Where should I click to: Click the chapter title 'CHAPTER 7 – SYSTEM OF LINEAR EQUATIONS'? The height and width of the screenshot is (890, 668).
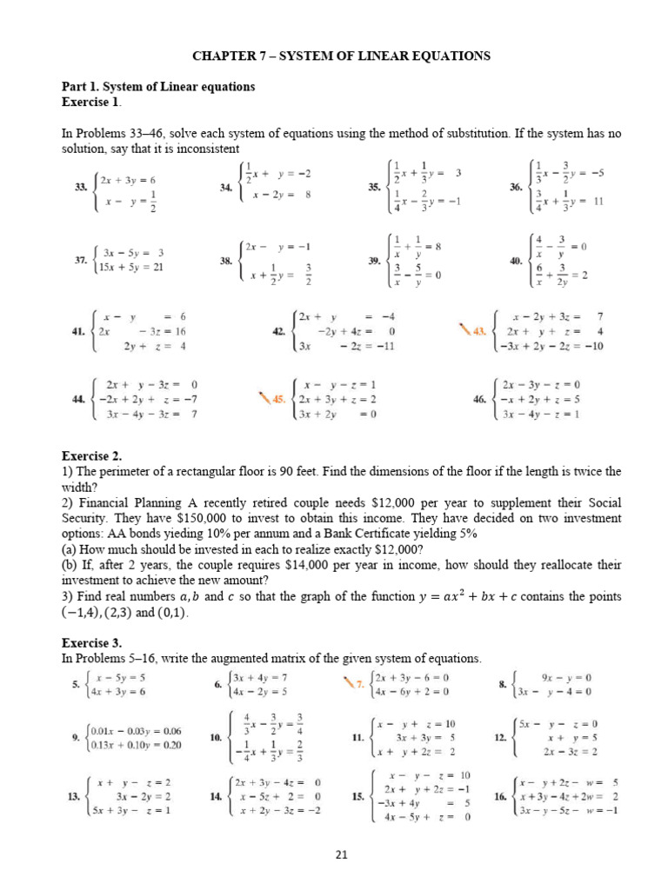pyautogui.click(x=341, y=56)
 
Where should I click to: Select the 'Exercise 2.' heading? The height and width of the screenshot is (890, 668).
pyautogui.click(x=91, y=455)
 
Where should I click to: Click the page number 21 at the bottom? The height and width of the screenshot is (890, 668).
pyautogui.click(x=341, y=854)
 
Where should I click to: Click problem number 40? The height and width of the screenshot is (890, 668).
pyautogui.click(x=516, y=260)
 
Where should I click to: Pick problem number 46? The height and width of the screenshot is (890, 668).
pyautogui.click(x=479, y=399)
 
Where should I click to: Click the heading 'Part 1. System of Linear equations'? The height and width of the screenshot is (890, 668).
pyautogui.click(x=157, y=87)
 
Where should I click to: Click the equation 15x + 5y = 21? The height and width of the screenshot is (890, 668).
pyautogui.click(x=133, y=268)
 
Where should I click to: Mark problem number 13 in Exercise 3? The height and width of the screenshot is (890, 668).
pyautogui.click(x=72, y=795)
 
